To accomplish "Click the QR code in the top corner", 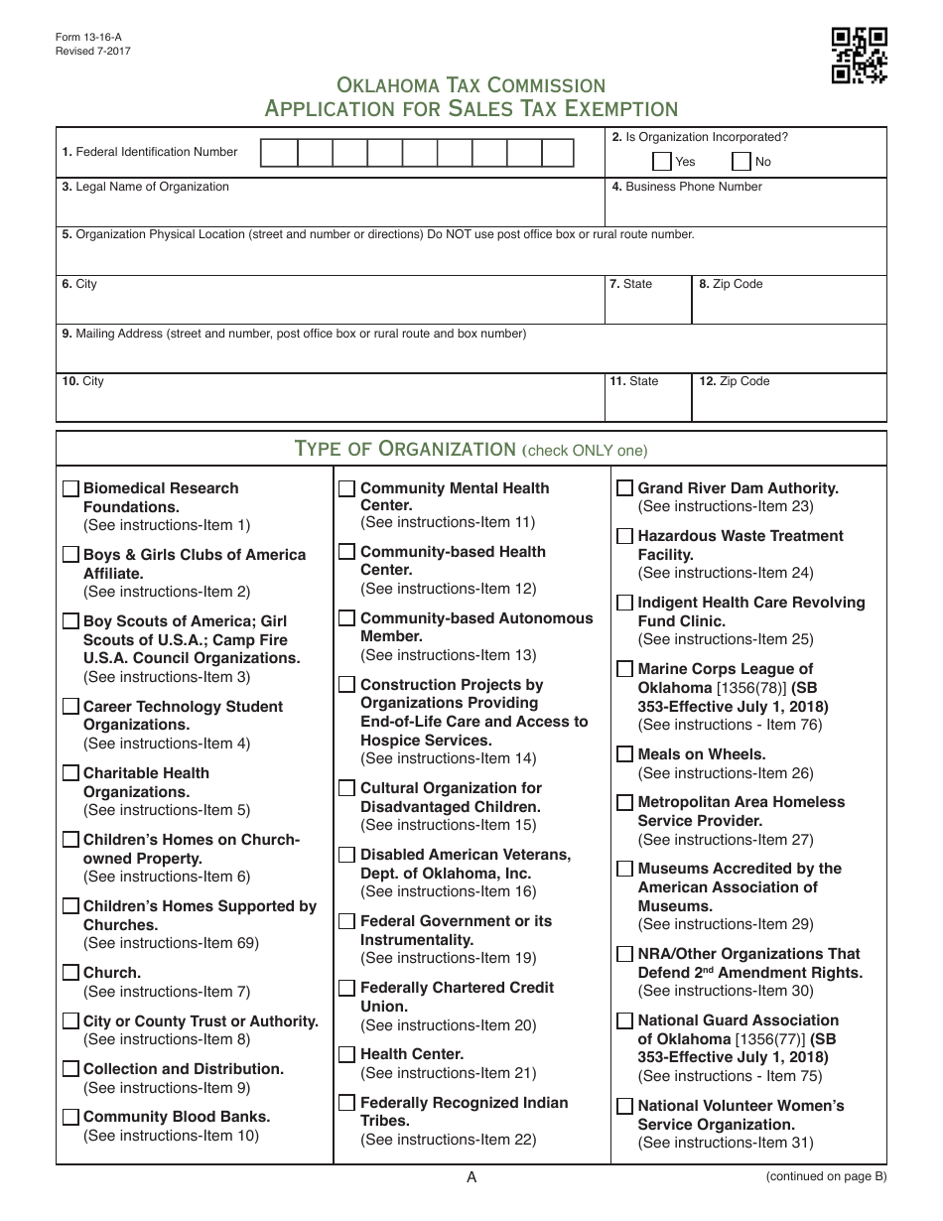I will (x=859, y=55).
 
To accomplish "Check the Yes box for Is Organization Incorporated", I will (x=662, y=161).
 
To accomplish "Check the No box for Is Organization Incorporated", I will (x=741, y=161).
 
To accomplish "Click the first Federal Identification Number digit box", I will (x=278, y=153).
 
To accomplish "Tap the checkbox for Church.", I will (x=70, y=972).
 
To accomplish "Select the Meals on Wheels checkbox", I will (x=624, y=753).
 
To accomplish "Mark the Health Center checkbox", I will (x=346, y=1053).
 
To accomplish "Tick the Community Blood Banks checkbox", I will (x=70, y=1116).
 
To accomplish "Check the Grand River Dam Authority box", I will (x=624, y=487).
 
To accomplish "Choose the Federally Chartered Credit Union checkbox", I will (x=346, y=987).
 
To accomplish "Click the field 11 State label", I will (x=634, y=381).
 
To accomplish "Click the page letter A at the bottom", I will (x=471, y=1177).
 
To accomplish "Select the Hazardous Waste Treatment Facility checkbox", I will (x=624, y=535).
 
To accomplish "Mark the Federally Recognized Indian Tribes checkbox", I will (x=346, y=1102).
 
